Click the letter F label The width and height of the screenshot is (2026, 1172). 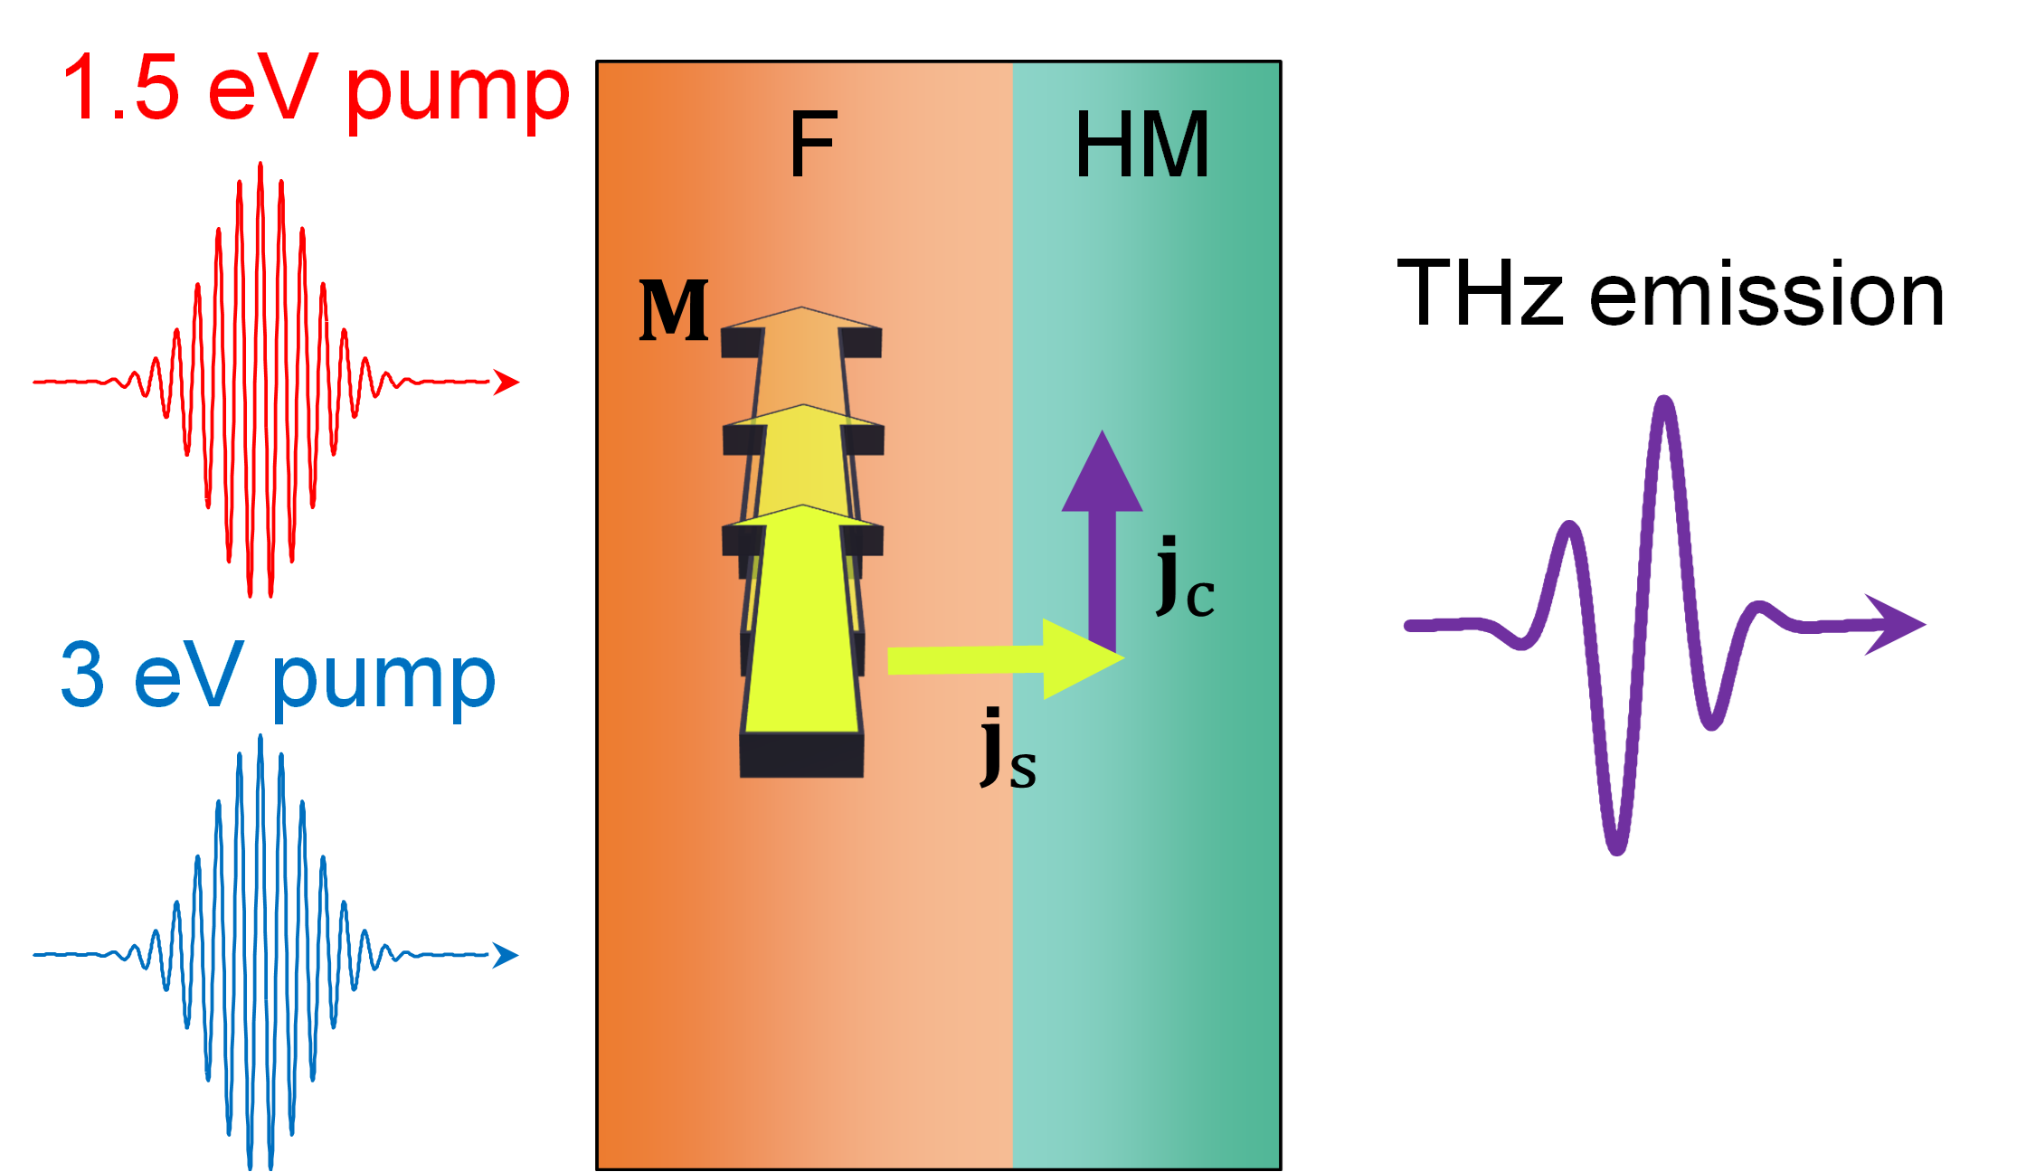pyautogui.click(x=813, y=145)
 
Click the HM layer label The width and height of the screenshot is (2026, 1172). pyautogui.click(x=1141, y=145)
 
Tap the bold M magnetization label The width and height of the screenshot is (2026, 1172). pyautogui.click(x=674, y=310)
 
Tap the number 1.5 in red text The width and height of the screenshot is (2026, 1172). pyautogui.click(x=121, y=88)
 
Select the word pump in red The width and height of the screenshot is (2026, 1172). pyautogui.click(x=458, y=94)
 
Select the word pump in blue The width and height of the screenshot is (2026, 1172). pyautogui.click(x=383, y=682)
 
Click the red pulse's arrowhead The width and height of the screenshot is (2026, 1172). pyautogui.click(x=507, y=383)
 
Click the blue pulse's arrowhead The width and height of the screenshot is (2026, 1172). pyautogui.click(x=506, y=954)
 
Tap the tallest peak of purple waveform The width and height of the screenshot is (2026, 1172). pyautogui.click(x=1665, y=403)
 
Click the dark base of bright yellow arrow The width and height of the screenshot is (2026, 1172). pyautogui.click(x=801, y=755)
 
